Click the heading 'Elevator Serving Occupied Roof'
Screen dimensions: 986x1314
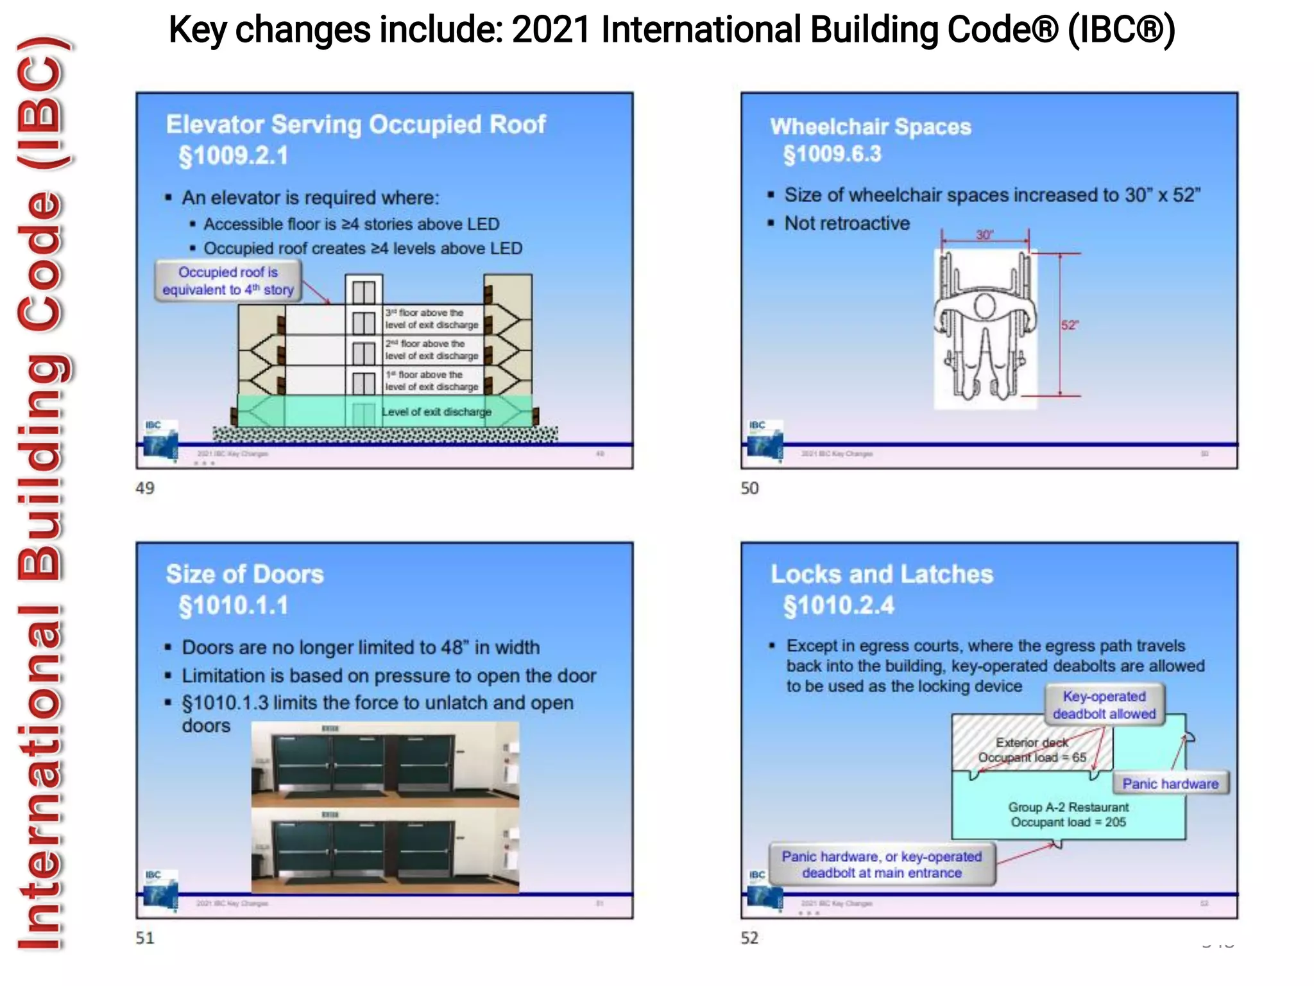(355, 125)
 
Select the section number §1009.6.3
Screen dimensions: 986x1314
(832, 155)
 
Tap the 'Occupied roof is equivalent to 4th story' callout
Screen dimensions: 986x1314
(228, 281)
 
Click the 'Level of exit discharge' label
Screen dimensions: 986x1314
(436, 411)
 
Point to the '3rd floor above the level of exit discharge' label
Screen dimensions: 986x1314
(431, 318)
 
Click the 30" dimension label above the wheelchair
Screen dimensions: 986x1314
(985, 235)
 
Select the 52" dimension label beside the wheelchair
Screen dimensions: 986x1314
(1070, 325)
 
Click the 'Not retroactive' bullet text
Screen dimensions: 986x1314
(847, 223)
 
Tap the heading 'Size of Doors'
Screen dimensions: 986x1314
(244, 574)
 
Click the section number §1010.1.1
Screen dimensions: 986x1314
(234, 605)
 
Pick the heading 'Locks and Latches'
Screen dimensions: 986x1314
(882, 574)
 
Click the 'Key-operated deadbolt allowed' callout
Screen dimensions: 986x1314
(1104, 705)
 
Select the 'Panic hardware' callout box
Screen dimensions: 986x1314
(1170, 783)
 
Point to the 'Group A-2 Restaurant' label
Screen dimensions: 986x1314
(1068, 807)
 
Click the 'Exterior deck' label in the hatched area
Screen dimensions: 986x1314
(1032, 743)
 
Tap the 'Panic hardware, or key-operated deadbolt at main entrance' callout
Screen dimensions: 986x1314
(882, 865)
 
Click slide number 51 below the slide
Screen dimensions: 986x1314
(145, 938)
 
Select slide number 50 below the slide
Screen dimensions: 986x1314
(749, 489)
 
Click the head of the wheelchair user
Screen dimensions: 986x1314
(985, 306)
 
